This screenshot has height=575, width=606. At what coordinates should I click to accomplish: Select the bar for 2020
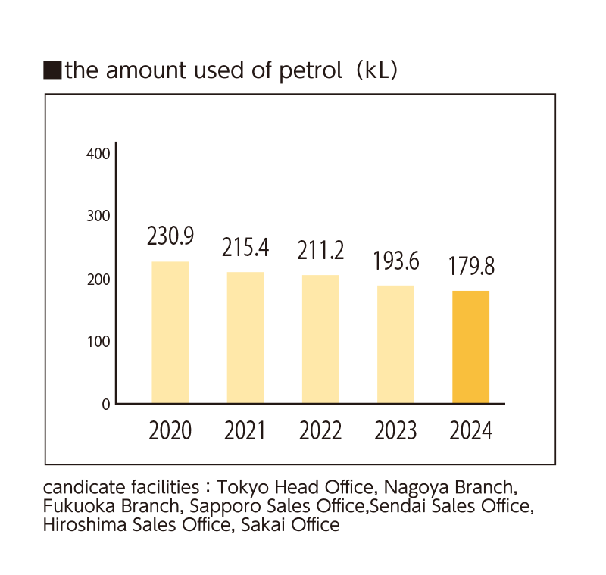(170, 332)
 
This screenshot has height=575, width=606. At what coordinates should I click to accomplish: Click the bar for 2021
(245, 337)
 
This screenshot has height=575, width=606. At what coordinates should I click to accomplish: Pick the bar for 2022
(320, 339)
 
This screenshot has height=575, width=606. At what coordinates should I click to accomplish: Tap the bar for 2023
(395, 344)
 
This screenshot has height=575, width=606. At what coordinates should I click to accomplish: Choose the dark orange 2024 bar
(470, 346)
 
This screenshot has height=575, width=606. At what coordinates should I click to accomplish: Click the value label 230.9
(170, 236)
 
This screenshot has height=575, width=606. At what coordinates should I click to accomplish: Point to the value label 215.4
(245, 247)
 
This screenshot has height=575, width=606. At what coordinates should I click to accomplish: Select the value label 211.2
(320, 250)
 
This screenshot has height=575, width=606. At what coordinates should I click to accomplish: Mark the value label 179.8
(470, 267)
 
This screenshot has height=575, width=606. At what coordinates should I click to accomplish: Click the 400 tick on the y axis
(99, 154)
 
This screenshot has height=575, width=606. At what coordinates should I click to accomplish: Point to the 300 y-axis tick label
(99, 217)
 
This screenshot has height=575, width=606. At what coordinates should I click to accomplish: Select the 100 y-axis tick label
(99, 342)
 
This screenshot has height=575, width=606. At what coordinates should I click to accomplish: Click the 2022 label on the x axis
(320, 431)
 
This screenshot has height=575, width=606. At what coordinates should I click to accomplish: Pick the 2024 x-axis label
(470, 431)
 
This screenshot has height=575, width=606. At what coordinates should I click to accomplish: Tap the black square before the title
(52, 71)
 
